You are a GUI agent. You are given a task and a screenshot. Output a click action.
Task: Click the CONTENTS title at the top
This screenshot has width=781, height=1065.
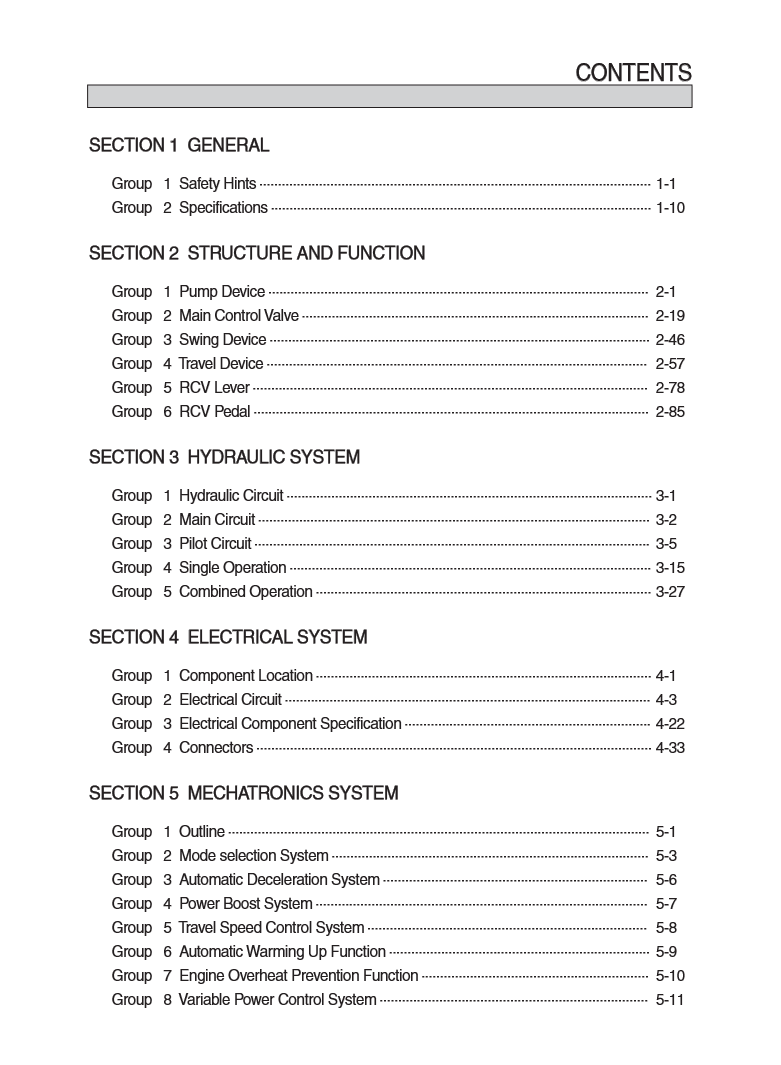pos(633,73)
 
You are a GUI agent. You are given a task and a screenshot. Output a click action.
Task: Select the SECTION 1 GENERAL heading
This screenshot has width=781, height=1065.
pos(179,146)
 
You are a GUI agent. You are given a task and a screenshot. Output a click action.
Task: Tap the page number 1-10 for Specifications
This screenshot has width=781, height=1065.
pos(670,208)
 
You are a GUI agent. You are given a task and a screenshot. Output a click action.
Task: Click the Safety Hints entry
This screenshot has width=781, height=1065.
pos(217,184)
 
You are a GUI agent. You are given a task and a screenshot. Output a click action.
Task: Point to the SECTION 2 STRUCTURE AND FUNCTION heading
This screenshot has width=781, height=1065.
pos(257,254)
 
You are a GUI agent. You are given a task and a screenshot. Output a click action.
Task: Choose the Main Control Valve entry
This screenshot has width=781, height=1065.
pos(238,316)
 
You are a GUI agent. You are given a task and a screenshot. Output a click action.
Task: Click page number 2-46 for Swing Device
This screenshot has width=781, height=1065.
pos(670,340)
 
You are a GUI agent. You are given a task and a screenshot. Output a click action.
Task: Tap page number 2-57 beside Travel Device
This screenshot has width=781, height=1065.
pos(670,364)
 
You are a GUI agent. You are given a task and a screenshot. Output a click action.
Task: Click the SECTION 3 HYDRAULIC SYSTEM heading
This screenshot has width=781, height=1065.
pos(224,458)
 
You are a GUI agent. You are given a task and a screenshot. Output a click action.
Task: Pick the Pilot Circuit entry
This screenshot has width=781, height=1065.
pos(215,544)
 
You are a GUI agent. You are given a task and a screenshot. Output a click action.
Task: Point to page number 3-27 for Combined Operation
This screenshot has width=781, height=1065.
pos(670,592)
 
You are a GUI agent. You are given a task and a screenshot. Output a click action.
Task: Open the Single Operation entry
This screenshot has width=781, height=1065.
pos(232,568)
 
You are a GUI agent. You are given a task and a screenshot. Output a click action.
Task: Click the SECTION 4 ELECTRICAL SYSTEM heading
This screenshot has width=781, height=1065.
pos(228,638)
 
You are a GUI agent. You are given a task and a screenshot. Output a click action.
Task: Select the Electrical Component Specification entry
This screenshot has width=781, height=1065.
pos(290,724)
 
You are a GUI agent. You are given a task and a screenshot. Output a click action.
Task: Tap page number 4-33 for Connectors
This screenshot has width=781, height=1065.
pos(670,748)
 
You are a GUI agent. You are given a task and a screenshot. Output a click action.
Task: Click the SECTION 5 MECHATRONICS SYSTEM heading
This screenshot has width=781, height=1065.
pos(243,794)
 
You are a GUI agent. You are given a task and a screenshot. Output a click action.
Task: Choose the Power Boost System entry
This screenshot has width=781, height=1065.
pos(245,904)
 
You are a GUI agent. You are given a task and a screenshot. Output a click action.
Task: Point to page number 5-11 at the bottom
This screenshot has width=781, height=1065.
pos(670,1000)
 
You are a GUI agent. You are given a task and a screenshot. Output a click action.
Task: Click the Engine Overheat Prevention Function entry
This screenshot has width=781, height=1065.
pos(298,976)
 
